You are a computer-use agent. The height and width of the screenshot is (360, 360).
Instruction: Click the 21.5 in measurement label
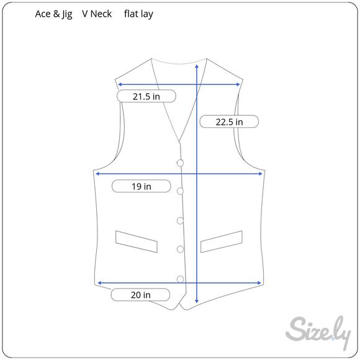coord(146,96)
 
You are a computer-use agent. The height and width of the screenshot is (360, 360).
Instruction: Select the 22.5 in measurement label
coord(229,122)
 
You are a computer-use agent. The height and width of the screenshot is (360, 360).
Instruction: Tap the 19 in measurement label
coord(141,186)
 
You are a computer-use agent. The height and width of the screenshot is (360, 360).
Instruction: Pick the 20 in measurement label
coord(140,295)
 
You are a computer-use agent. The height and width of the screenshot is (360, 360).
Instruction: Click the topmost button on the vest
coord(180,163)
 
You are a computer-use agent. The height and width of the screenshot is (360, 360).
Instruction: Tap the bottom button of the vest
coord(180,279)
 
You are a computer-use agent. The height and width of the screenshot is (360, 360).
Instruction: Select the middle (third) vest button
coord(180,220)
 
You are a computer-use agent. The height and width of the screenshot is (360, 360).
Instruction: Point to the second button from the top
coord(180,191)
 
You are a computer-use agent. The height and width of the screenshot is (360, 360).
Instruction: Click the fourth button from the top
coord(180,249)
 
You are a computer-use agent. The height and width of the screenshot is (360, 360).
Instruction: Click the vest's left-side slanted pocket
coord(137,241)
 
